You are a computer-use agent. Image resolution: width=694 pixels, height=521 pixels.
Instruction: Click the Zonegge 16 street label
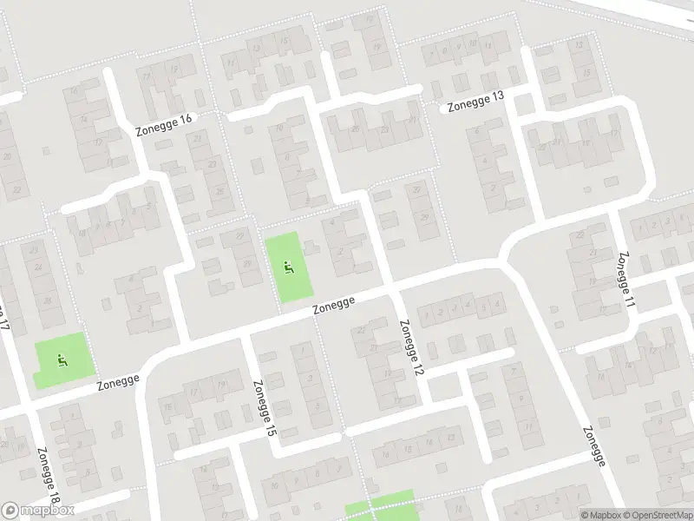162,124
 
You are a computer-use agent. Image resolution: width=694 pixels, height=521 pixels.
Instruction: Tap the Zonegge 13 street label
475,102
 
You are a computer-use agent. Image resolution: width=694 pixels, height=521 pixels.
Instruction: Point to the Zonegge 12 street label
411,346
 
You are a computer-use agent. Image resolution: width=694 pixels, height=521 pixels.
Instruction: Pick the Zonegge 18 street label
49,477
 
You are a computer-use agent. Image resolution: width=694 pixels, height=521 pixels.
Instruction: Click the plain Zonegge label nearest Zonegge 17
117,381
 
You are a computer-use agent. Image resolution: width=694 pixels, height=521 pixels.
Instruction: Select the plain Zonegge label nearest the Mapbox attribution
593,448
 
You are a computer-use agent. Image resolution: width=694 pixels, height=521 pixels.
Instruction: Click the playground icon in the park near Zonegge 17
61,359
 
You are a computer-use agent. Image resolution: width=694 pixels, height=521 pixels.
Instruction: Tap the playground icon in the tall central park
288,267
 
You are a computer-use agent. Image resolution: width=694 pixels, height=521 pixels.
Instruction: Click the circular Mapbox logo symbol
10,511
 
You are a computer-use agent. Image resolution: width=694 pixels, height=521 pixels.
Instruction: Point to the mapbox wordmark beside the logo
47,511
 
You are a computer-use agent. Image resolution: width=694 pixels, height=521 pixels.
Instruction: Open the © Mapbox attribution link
600,514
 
